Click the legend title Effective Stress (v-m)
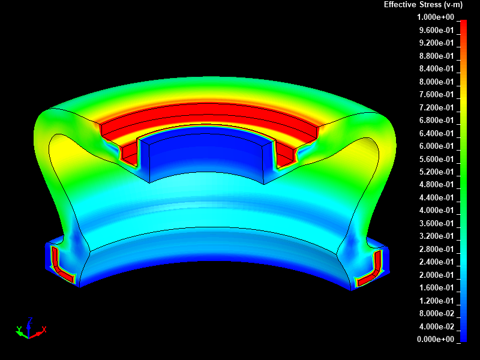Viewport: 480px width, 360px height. [423, 5]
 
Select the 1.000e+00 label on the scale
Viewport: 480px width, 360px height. [436, 17]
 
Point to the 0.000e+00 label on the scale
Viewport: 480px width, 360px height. [436, 339]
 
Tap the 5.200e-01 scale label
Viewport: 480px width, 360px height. [437, 172]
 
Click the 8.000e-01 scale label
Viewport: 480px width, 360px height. [437, 82]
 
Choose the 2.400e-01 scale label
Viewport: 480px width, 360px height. [437, 262]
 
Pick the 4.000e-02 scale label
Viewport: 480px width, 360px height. [437, 326]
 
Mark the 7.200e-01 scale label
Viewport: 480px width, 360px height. [437, 107]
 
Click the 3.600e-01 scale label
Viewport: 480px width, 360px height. [437, 223]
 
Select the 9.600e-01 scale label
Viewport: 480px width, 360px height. [437, 30]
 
